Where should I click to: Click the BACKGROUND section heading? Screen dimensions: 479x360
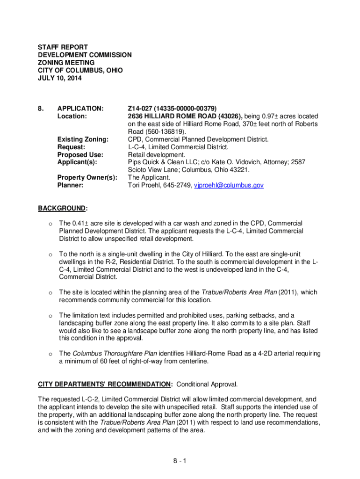[x=62, y=208]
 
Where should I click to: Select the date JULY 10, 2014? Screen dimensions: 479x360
[x=59, y=78]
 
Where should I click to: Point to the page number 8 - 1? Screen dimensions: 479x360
[x=180, y=462]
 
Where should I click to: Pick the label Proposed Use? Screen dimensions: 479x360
[x=80, y=154]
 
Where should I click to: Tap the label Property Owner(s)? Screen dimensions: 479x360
[x=86, y=178]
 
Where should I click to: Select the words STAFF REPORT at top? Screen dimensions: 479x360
[x=63, y=48]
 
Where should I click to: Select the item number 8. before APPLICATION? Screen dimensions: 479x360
[x=41, y=109]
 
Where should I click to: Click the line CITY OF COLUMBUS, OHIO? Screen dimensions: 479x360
[x=80, y=70]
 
